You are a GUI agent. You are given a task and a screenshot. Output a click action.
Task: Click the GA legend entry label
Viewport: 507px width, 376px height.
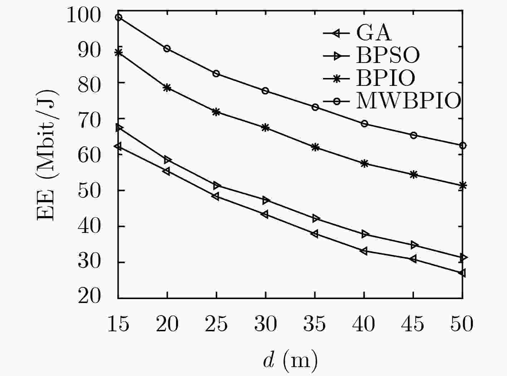374,33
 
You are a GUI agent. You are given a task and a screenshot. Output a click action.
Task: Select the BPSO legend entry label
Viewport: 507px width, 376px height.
387,55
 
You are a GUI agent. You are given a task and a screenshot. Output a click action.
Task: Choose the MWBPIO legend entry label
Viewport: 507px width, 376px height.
408,101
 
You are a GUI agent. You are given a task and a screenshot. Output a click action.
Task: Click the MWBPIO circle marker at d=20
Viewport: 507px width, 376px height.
167,48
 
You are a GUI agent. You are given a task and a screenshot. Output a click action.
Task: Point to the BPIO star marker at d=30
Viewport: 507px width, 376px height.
265,128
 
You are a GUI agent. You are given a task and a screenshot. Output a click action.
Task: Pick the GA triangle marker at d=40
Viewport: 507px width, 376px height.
364,251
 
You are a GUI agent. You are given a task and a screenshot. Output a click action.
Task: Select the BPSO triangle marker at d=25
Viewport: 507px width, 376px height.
216,185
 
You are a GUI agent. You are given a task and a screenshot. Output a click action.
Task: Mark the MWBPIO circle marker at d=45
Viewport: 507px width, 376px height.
414,135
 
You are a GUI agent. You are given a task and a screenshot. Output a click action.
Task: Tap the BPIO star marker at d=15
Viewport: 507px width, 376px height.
118,53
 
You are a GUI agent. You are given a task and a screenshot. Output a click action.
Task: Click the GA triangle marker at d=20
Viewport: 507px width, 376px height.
166,171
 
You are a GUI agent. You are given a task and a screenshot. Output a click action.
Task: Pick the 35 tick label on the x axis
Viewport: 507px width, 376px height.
315,324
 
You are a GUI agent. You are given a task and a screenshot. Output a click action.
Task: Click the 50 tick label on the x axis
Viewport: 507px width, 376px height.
462,324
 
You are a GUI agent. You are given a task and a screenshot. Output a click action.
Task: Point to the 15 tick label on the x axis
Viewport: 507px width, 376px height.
118,324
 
